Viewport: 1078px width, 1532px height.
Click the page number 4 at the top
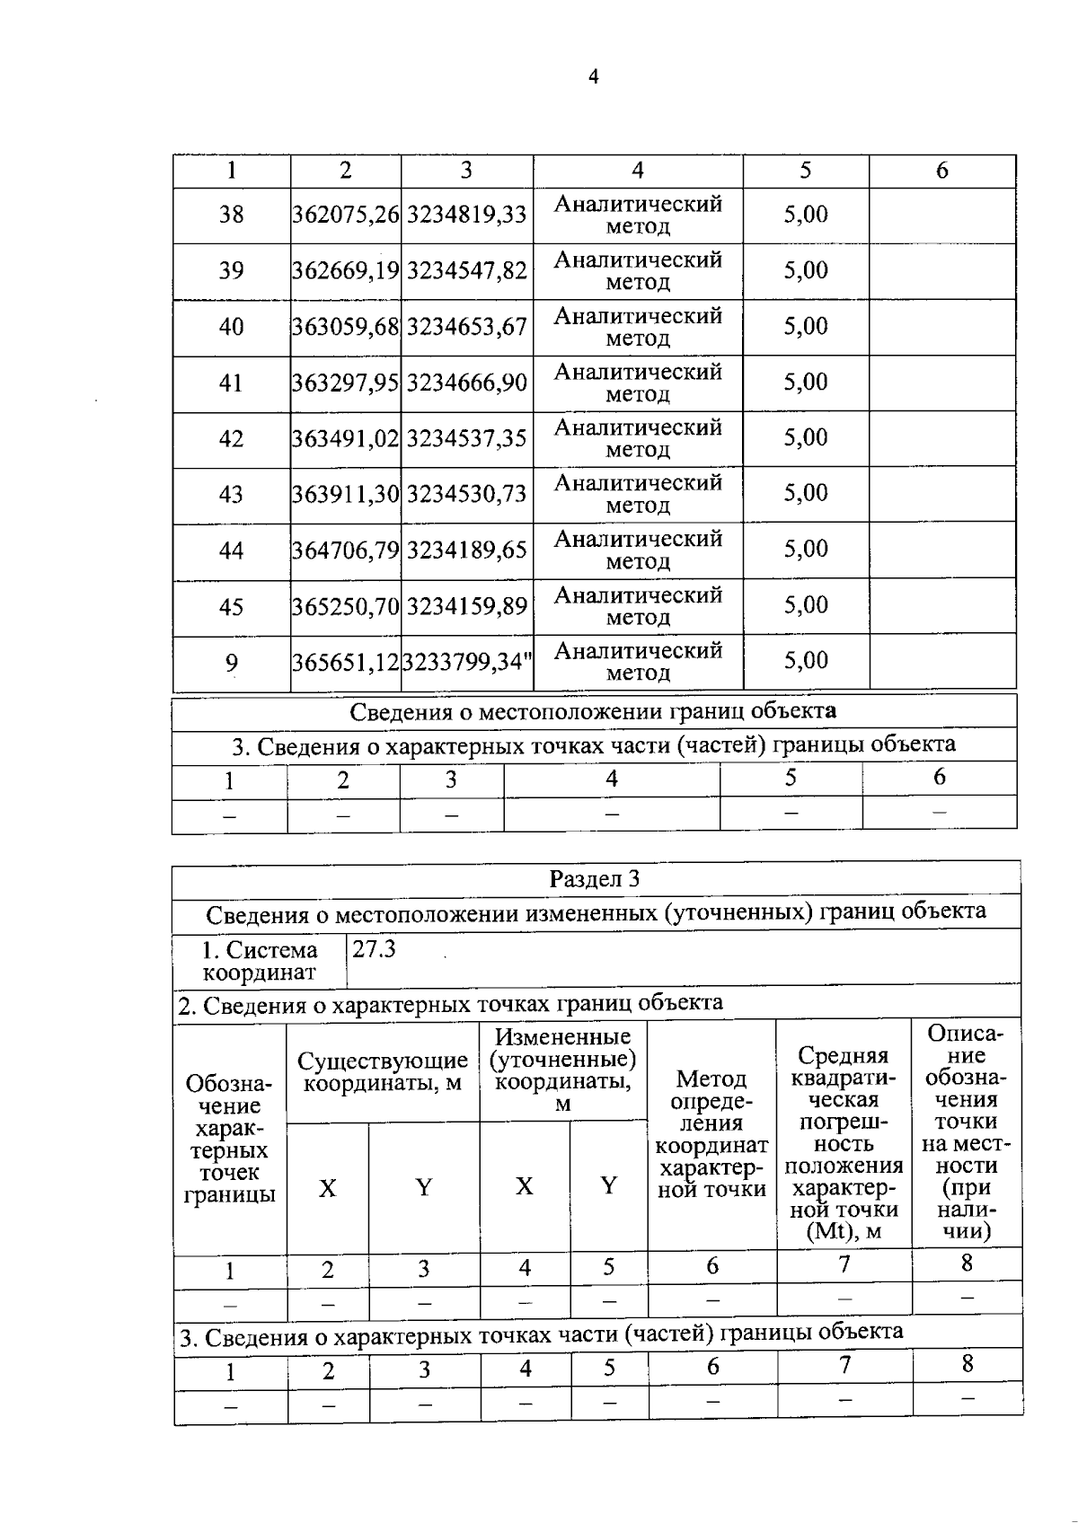click(x=593, y=77)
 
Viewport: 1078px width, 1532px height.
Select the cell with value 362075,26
click(x=346, y=215)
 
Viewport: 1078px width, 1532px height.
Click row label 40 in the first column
click(x=231, y=327)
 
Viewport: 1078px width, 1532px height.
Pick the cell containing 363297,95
click(x=346, y=383)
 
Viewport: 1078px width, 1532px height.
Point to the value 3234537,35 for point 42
click(x=466, y=439)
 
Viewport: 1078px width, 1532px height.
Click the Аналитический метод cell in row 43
click(x=638, y=494)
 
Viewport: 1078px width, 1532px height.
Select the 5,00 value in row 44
click(x=806, y=549)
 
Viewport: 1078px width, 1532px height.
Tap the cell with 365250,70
click(x=346, y=606)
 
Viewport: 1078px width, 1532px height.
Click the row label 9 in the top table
click(x=231, y=664)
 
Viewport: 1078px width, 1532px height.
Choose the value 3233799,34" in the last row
click(x=467, y=663)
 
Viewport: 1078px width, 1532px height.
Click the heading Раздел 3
click(x=595, y=878)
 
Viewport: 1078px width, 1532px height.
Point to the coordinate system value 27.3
click(x=374, y=949)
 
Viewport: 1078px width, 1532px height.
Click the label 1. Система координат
click(x=260, y=961)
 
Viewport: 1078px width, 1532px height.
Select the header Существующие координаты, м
click(x=383, y=1072)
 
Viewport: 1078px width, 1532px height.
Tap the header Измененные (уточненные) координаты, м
click(x=563, y=1070)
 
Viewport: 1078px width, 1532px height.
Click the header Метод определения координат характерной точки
click(x=711, y=1133)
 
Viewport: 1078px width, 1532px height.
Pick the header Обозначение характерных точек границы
click(x=229, y=1139)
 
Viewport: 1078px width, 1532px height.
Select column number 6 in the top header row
click(x=941, y=171)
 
